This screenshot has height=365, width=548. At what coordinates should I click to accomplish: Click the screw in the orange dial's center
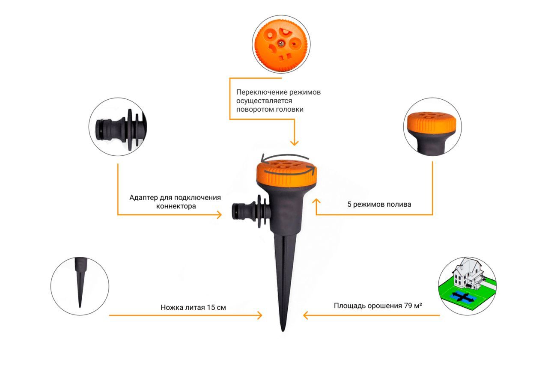pyautogui.click(x=282, y=44)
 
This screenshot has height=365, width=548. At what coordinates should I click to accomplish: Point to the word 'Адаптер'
pyautogui.click(x=143, y=198)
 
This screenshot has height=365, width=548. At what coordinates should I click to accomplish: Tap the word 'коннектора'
pyautogui.click(x=176, y=206)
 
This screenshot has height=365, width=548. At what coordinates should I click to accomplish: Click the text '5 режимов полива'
pyautogui.click(x=379, y=205)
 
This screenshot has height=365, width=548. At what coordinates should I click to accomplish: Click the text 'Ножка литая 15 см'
pyautogui.click(x=193, y=307)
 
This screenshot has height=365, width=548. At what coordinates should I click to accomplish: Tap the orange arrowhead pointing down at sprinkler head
pyautogui.click(x=294, y=143)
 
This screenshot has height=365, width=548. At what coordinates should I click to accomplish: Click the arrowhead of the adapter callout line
pyautogui.click(x=219, y=215)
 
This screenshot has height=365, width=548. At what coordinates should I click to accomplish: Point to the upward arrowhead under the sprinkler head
pyautogui.click(x=316, y=201)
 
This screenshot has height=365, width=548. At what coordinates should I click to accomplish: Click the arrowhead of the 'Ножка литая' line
pyautogui.click(x=259, y=315)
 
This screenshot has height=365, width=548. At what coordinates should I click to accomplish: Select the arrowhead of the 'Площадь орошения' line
pyautogui.click(x=306, y=315)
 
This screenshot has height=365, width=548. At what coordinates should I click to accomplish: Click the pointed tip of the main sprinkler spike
pyautogui.click(x=283, y=331)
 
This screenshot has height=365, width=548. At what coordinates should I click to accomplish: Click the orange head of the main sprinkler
pyautogui.click(x=287, y=173)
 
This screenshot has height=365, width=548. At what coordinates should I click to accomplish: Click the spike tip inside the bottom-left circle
pyautogui.click(x=80, y=306)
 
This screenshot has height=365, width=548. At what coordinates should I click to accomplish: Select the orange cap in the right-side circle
pyautogui.click(x=432, y=123)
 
